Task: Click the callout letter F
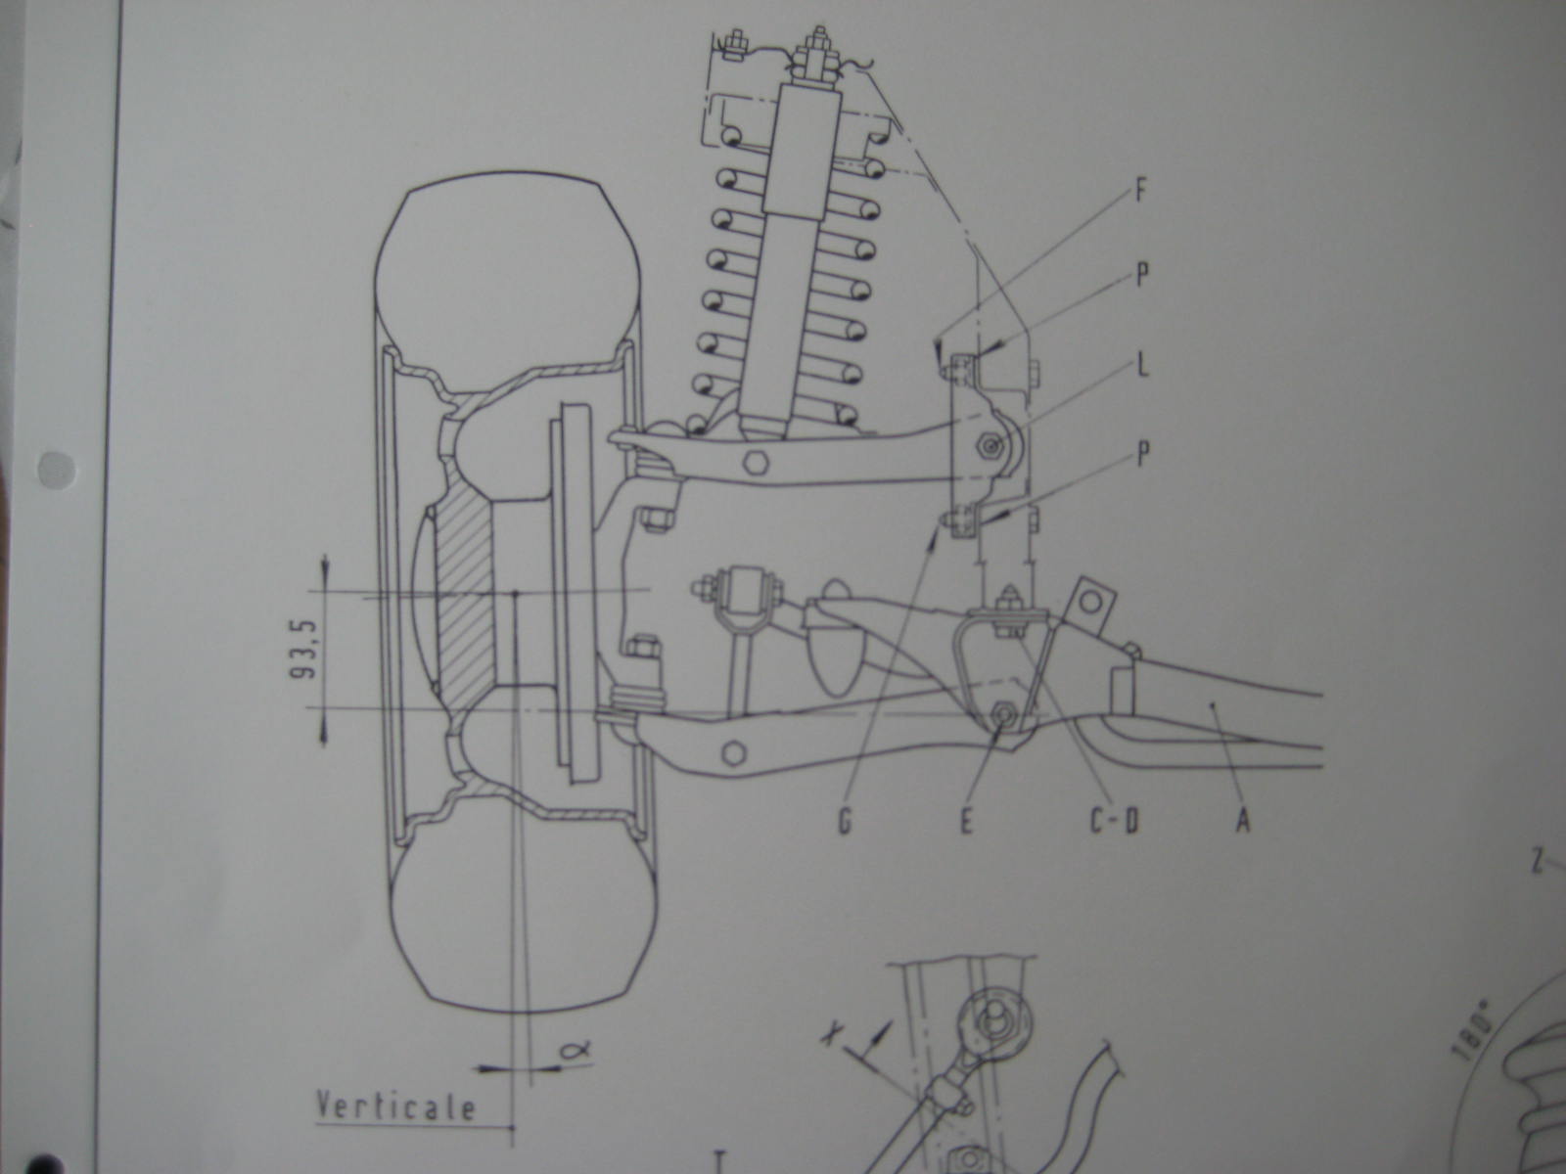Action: [x=1140, y=191]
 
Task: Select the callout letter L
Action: [x=1141, y=368]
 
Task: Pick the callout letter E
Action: [x=966, y=821]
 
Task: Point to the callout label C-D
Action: [x=1115, y=821]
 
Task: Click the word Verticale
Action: [x=395, y=1106]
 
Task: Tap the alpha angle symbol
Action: [x=575, y=1049]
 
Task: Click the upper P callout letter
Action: [x=1141, y=277]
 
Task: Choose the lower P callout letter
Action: [x=1141, y=455]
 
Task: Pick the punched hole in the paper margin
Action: [x=55, y=471]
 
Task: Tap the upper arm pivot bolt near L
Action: [x=990, y=448]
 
